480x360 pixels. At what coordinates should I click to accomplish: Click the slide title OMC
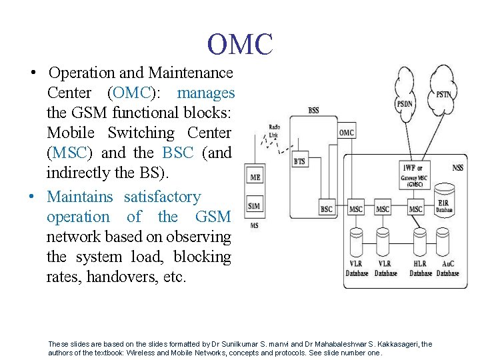[x=240, y=44]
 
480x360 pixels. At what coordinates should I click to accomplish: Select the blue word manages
[x=205, y=93]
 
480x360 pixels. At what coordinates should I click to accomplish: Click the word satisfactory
[x=162, y=197]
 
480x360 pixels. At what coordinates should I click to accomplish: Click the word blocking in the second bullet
[x=203, y=257]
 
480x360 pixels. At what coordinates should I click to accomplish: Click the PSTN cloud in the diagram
[x=443, y=94]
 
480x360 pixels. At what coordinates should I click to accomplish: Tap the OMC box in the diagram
[x=346, y=132]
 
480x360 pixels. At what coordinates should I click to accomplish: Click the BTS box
[x=301, y=161]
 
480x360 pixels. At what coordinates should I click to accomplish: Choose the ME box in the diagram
[x=255, y=177]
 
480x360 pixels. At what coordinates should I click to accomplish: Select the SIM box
[x=254, y=205]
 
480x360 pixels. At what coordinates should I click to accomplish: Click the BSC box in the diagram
[x=326, y=209]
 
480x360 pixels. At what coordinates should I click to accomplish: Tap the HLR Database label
[x=420, y=269]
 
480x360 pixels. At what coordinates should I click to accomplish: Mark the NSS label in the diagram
[x=457, y=168]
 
